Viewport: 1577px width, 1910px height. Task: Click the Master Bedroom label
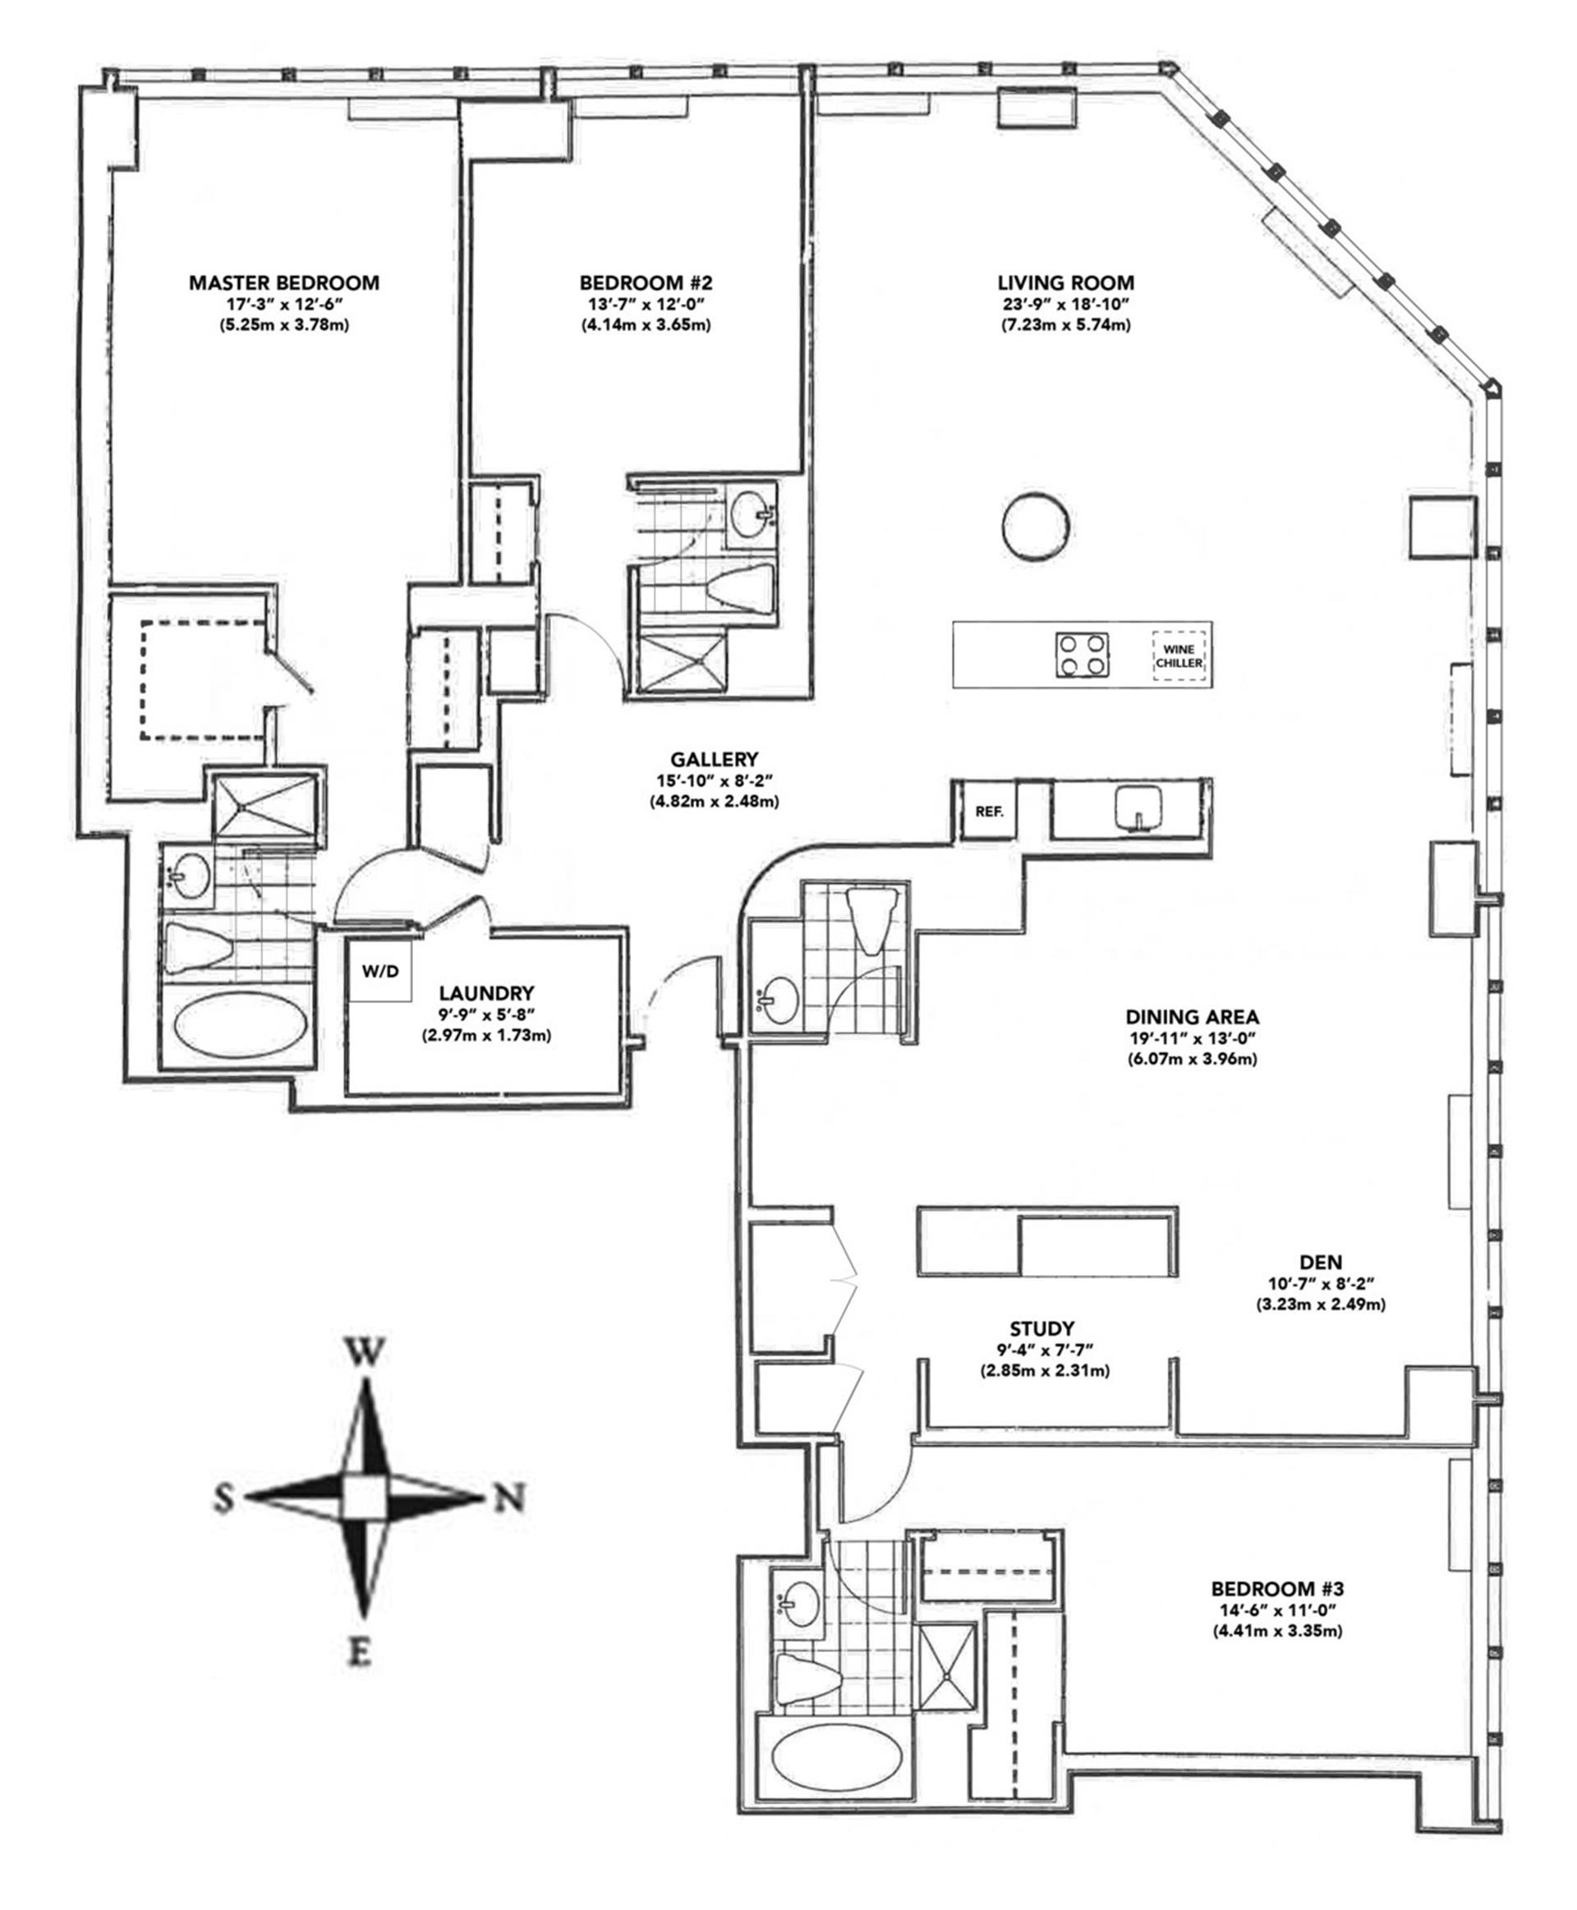coord(283,283)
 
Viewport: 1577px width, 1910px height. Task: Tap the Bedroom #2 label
coord(645,283)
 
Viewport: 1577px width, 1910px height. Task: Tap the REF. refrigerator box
coord(989,812)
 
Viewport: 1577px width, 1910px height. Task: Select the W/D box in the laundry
coord(380,971)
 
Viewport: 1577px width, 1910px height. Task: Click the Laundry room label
coord(486,993)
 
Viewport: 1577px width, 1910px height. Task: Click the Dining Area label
coord(1192,1017)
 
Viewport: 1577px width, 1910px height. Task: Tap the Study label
coord(1042,1328)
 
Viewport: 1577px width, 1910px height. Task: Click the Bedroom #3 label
coord(1276,1590)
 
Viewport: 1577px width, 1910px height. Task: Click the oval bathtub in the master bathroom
coord(240,1025)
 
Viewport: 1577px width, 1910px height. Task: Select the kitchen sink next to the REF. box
coord(1134,807)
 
